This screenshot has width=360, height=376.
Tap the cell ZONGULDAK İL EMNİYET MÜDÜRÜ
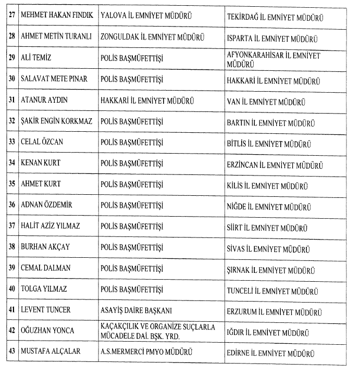(x=152, y=37)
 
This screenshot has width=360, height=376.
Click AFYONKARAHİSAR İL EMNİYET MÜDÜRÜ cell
(x=274, y=59)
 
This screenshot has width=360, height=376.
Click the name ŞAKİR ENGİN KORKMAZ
(x=56, y=121)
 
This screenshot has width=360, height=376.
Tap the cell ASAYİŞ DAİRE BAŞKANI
(x=135, y=309)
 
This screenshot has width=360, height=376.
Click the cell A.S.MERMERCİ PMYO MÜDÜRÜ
(x=145, y=352)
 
